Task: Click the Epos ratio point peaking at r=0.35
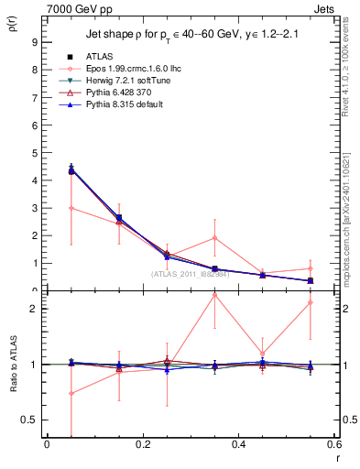tap(214, 295)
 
